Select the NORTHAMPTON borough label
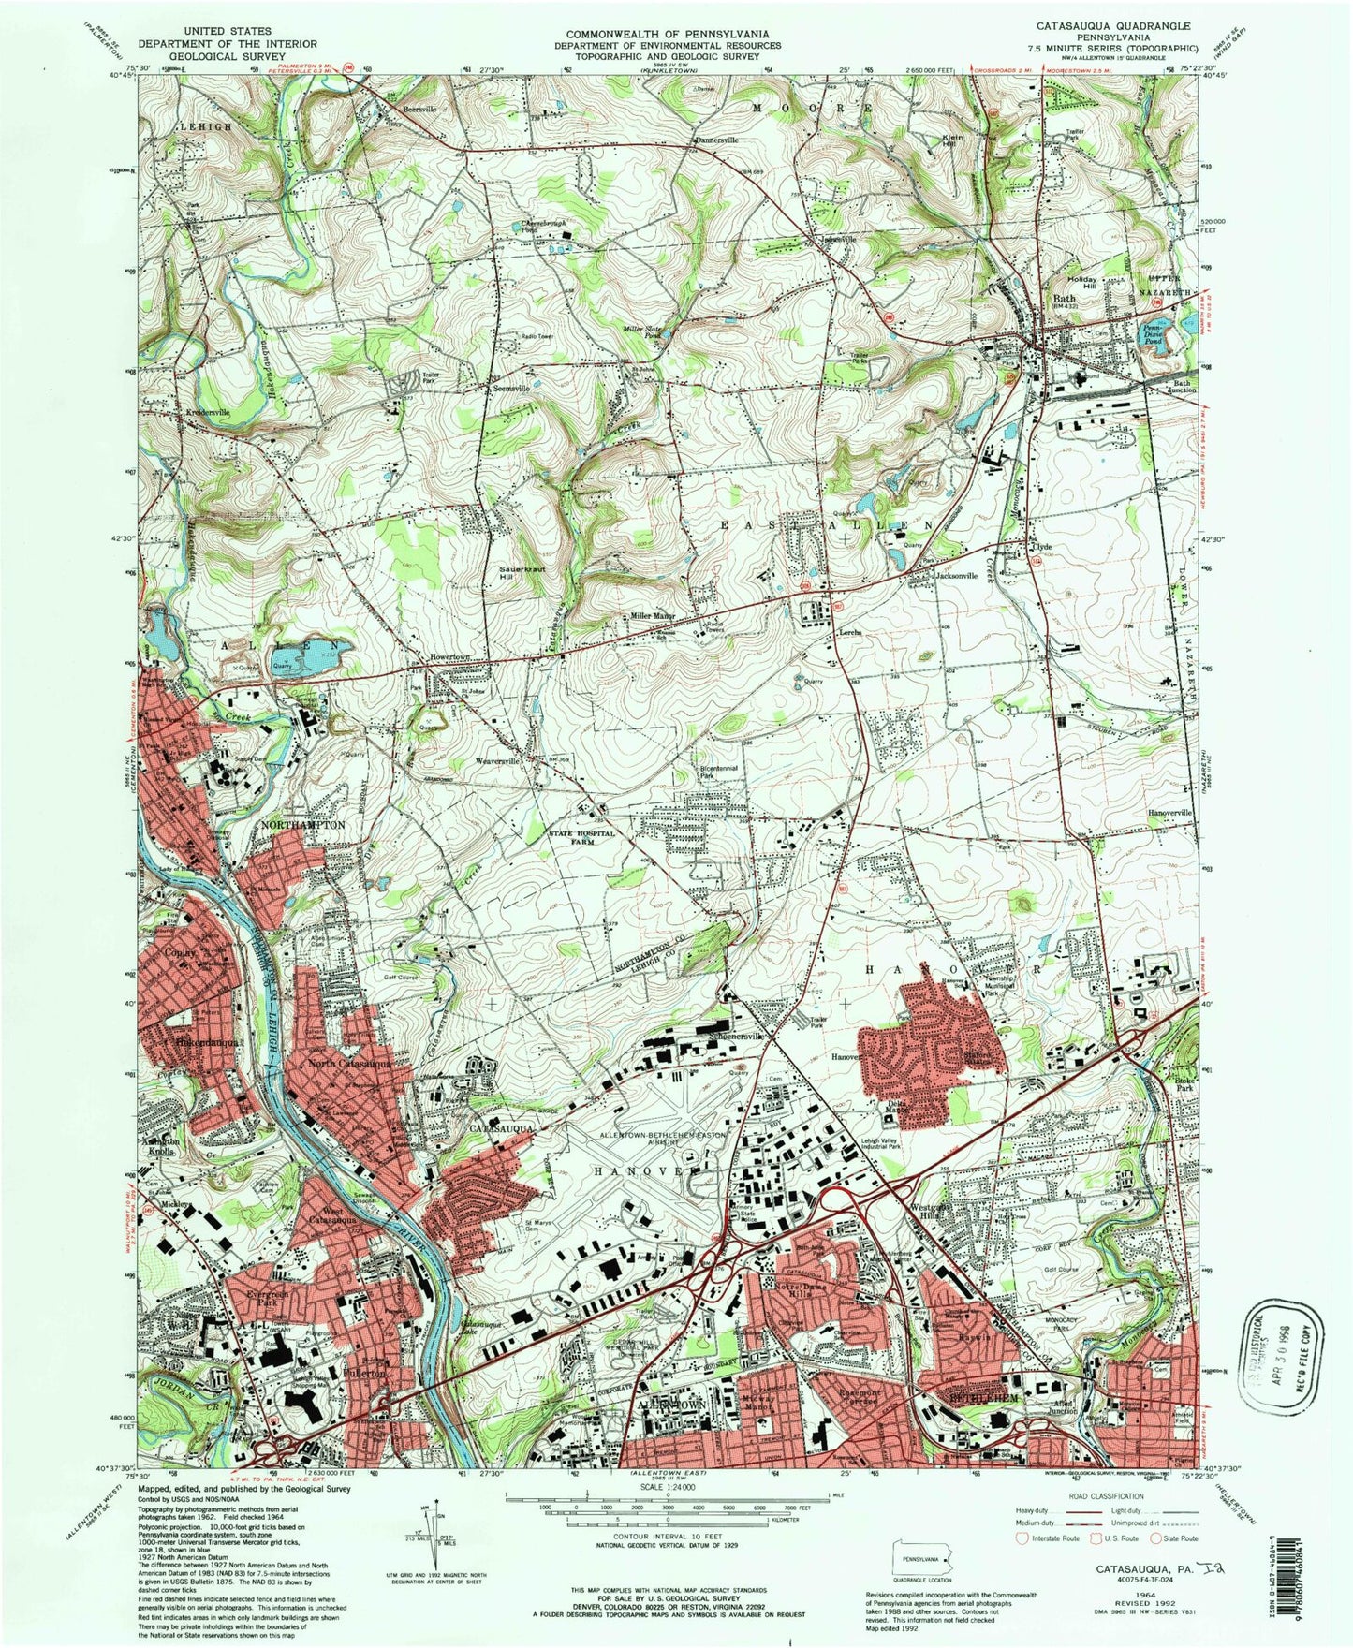[x=298, y=825]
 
